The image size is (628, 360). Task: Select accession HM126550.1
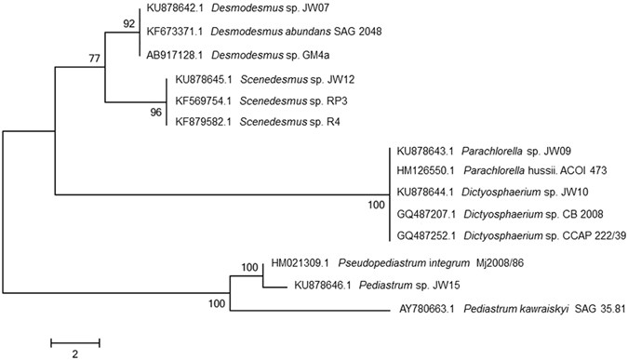coord(432,172)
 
